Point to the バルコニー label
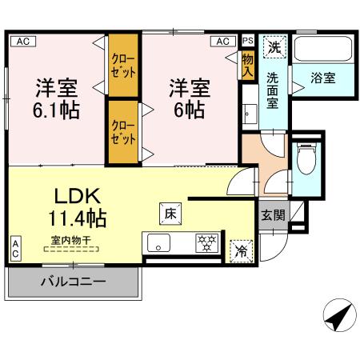click(x=74, y=282)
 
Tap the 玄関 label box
click(x=272, y=214)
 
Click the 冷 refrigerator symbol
click(x=240, y=250)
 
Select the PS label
click(x=247, y=39)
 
